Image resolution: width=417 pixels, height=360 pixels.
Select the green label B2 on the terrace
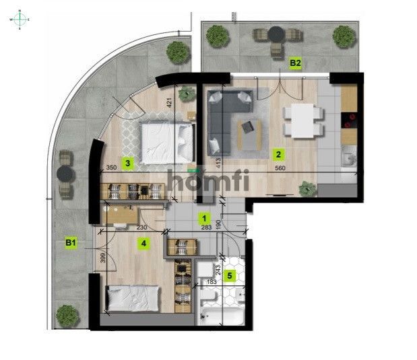294,63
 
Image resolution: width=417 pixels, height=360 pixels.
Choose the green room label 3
127,162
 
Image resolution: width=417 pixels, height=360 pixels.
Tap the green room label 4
143,244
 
